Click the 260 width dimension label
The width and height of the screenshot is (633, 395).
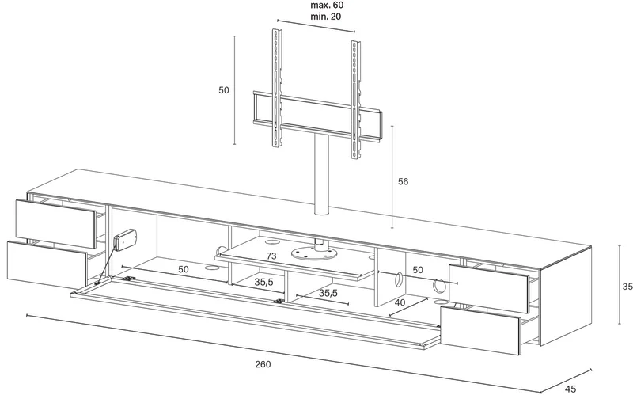click(x=263, y=364)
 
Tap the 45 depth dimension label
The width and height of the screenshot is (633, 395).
click(x=570, y=389)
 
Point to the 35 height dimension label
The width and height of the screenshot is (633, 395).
click(x=627, y=287)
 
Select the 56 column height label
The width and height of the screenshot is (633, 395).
click(x=403, y=182)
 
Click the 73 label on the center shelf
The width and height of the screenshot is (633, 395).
click(x=271, y=256)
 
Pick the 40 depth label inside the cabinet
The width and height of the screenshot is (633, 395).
click(x=400, y=302)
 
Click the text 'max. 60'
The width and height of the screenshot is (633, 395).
click(x=327, y=6)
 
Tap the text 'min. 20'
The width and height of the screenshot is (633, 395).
click(x=325, y=17)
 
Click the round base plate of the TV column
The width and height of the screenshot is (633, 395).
click(x=314, y=253)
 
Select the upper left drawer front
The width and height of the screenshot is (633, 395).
click(x=55, y=224)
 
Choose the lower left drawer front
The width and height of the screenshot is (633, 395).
click(x=47, y=264)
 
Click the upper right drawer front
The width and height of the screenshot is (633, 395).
click(x=488, y=288)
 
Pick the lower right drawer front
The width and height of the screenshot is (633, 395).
click(x=479, y=330)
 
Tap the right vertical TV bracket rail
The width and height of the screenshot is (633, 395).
click(x=355, y=101)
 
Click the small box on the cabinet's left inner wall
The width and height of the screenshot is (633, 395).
click(x=125, y=240)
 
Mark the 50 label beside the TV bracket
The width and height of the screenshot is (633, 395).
click(x=224, y=90)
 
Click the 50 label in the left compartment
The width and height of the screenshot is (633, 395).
click(x=184, y=269)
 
